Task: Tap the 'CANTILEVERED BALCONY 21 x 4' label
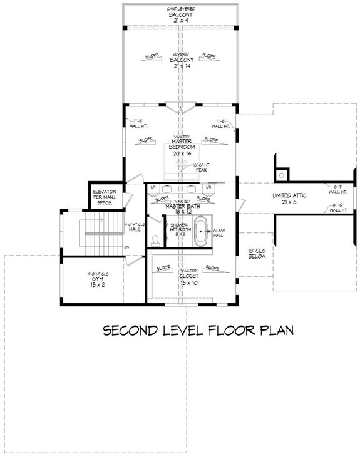click(x=180, y=13)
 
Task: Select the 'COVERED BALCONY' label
click(x=180, y=61)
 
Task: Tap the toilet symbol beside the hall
click(x=154, y=240)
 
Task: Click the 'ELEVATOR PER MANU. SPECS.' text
click(x=104, y=196)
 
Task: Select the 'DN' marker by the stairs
click(x=126, y=247)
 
